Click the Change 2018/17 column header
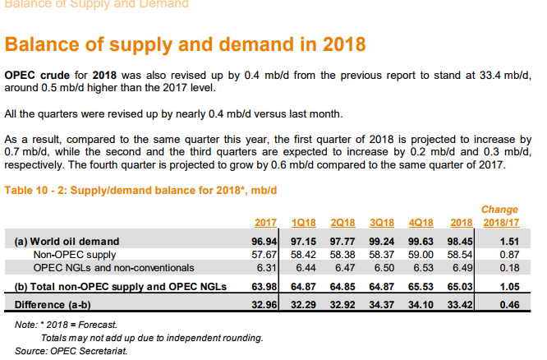pyautogui.click(x=499, y=216)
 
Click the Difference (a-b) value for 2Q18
pyautogui.click(x=343, y=303)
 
